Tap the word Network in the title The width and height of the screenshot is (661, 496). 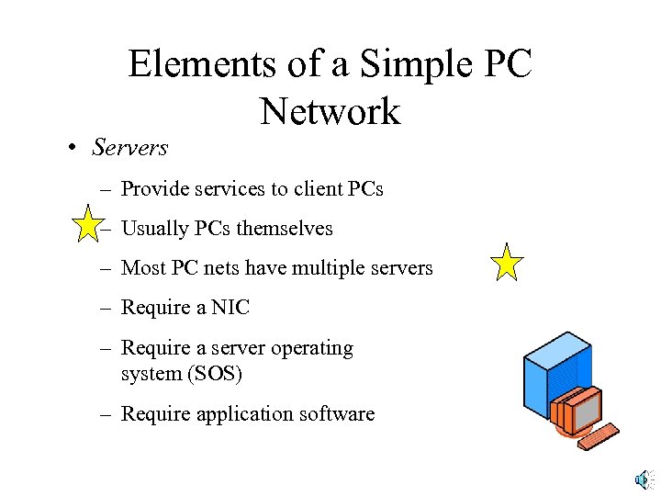pyautogui.click(x=330, y=112)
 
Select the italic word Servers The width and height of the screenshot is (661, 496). pyautogui.click(x=130, y=147)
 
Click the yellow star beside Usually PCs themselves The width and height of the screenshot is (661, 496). pyautogui.click(x=86, y=223)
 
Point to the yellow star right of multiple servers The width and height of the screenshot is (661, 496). pyautogui.click(x=507, y=263)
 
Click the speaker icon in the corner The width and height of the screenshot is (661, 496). pyautogui.click(x=643, y=479)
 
